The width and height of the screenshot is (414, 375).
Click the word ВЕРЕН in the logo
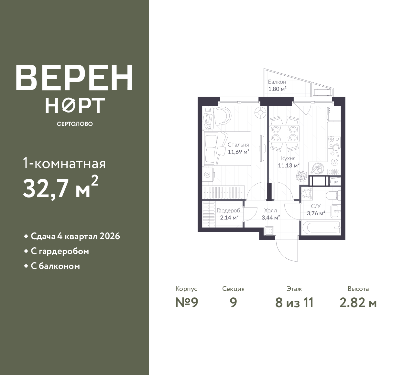pyautogui.click(x=74, y=78)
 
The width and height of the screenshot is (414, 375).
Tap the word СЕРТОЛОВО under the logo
pyautogui.click(x=75, y=124)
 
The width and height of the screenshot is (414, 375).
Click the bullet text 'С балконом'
pyautogui.click(x=55, y=266)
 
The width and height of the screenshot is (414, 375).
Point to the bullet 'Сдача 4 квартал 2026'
pyautogui.click(x=75, y=236)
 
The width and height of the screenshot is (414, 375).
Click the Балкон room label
pyautogui.click(x=277, y=82)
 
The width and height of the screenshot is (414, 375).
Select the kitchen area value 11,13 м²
pyautogui.click(x=289, y=165)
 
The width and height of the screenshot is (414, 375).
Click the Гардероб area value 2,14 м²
pyautogui.click(x=229, y=218)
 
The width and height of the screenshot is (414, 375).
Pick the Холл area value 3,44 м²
pyautogui.click(x=271, y=218)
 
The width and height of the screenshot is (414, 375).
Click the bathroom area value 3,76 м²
pyautogui.click(x=316, y=213)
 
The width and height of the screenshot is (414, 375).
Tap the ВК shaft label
pyautogui.click(x=336, y=182)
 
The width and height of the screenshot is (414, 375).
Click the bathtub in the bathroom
pyautogui.click(x=321, y=228)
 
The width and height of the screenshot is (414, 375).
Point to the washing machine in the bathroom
pyautogui.click(x=307, y=194)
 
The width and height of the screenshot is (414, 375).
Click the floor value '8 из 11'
pyautogui.click(x=294, y=303)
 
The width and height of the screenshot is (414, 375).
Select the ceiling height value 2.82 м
pyautogui.click(x=358, y=303)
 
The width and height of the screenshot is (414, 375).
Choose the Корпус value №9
pyautogui.click(x=187, y=303)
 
